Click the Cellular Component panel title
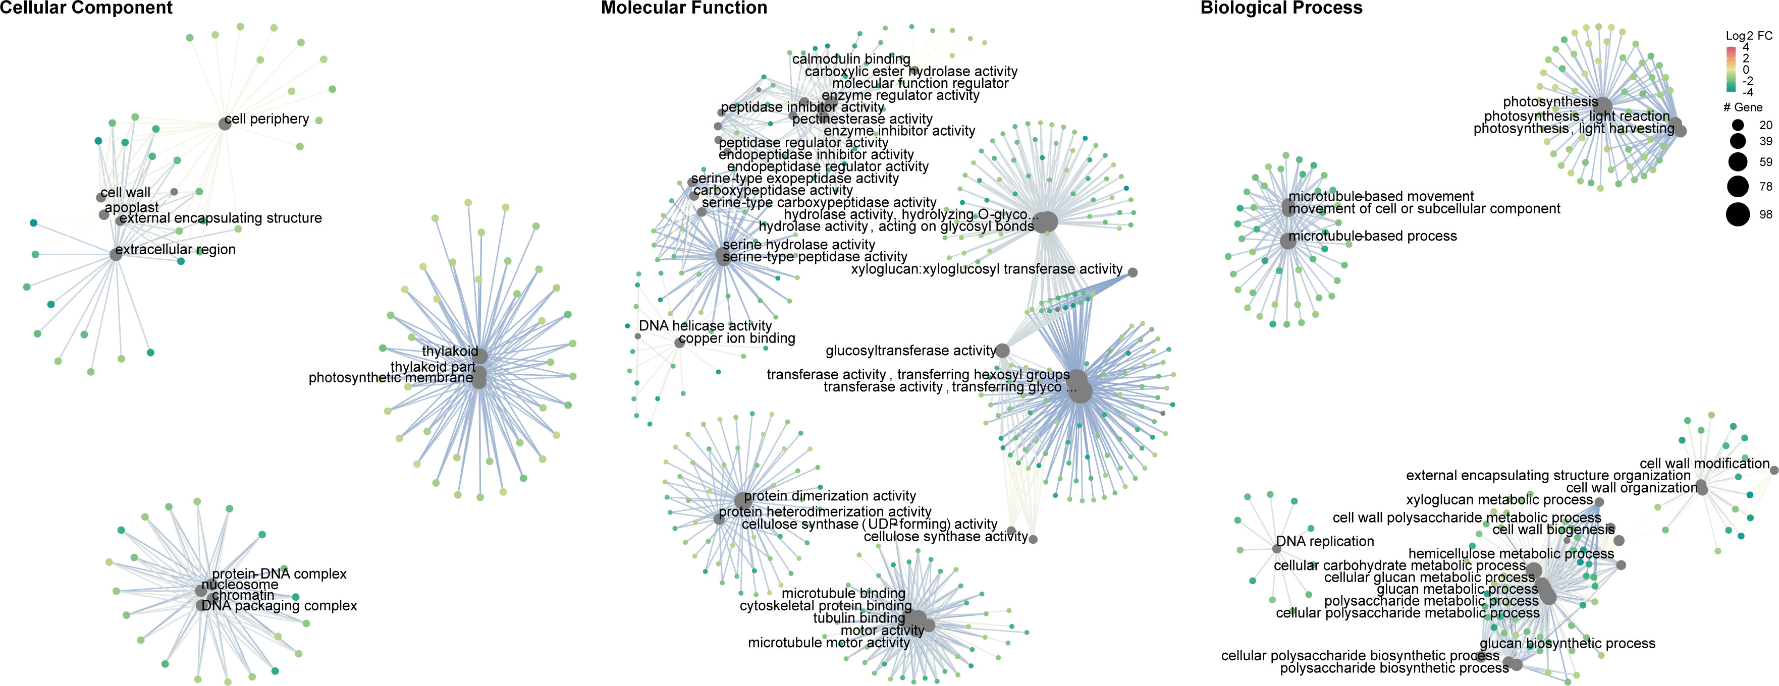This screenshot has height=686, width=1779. coord(86,8)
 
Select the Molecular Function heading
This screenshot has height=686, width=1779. coord(684,8)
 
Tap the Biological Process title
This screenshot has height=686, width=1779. coord(1281,8)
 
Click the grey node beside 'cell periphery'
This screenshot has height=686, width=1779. coord(225,124)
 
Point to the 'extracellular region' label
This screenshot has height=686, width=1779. coord(176,249)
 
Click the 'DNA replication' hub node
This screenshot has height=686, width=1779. coord(1277,549)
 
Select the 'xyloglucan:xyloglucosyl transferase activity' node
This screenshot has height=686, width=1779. coord(1133,272)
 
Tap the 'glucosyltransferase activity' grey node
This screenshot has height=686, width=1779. coord(1002,351)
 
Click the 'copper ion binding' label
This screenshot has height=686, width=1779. coord(737,338)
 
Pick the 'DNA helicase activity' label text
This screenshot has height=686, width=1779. coord(705,325)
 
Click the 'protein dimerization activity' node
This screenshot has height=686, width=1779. coord(742,500)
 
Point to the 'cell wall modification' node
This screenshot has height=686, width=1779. coord(1774,470)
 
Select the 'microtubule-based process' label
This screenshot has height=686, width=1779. coord(1373,236)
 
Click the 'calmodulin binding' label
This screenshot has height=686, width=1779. coord(851,60)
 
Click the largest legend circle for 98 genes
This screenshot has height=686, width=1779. coord(1738,215)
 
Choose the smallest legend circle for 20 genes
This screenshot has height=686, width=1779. coord(1738,125)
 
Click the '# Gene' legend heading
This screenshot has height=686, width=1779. coord(1742,107)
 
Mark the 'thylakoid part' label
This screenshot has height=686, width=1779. coord(433,367)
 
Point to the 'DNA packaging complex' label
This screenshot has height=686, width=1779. coord(279,605)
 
